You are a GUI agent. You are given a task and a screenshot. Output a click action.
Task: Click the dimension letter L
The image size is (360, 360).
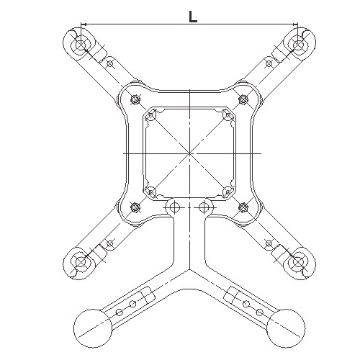pos(193,17)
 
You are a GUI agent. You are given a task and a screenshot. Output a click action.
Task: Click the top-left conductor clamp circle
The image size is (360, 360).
pos(81,45)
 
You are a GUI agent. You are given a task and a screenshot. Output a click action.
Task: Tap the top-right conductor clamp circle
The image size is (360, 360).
pos(298,45)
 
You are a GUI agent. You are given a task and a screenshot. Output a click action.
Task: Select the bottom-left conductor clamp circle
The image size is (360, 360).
pos(81,261)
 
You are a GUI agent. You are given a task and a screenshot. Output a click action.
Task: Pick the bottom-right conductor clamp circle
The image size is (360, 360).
pos(298,261)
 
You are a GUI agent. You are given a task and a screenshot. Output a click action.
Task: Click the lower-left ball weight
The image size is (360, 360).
pos(93,328)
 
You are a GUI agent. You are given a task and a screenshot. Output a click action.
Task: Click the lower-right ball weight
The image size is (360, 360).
pos(286,328)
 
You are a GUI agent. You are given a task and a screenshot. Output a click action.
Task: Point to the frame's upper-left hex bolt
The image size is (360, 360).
pos(135,99)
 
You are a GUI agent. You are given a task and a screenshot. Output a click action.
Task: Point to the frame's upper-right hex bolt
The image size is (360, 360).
pos(243,99)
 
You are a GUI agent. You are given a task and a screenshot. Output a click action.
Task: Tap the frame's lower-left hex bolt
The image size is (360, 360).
pos(135,207)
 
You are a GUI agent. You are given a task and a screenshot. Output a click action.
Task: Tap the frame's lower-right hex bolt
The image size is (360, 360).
pos(243,207)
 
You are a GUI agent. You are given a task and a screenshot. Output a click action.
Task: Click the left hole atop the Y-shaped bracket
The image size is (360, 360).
pos(174,207)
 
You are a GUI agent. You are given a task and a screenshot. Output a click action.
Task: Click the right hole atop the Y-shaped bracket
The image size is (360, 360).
pos(204,207)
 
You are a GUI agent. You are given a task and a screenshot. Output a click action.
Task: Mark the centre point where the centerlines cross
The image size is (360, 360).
pos(189,153)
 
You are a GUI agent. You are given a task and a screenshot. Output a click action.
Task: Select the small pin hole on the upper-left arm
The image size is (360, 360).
pos(109,63)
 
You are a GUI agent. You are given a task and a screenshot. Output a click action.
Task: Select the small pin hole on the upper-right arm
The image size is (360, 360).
pos(269,63)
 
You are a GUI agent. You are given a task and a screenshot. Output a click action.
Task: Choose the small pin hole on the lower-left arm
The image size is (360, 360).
pos(109,243)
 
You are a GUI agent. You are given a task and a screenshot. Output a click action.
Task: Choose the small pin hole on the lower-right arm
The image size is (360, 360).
pos(269,243)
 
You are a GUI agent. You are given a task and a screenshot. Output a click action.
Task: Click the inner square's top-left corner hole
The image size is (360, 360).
pos(151,115)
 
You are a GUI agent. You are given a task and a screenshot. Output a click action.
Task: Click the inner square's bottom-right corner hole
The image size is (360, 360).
pos(228,192)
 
